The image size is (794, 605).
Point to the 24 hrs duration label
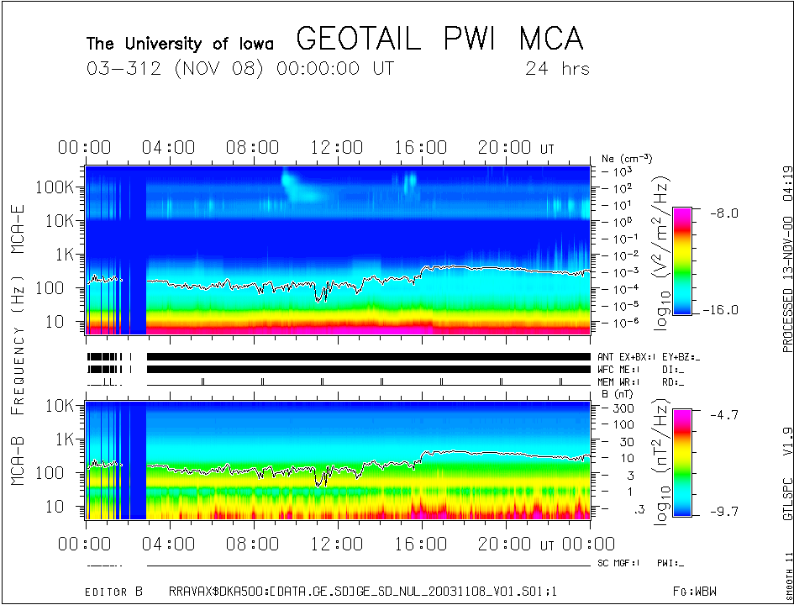pos(556,68)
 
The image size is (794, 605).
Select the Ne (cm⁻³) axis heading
pos(627,158)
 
